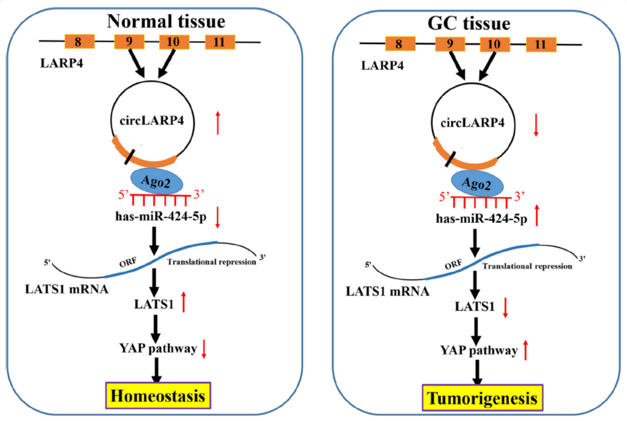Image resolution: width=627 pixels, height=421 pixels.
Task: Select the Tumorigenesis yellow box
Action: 482,399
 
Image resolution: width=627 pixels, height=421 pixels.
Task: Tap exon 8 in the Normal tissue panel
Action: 79,41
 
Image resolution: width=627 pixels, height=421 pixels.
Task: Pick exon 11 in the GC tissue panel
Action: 541,45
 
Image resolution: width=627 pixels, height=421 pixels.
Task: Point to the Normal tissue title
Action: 166,21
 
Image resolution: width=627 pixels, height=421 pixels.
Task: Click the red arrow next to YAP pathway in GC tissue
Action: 525,350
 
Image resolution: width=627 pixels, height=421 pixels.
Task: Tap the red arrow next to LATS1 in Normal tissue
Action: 183,302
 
